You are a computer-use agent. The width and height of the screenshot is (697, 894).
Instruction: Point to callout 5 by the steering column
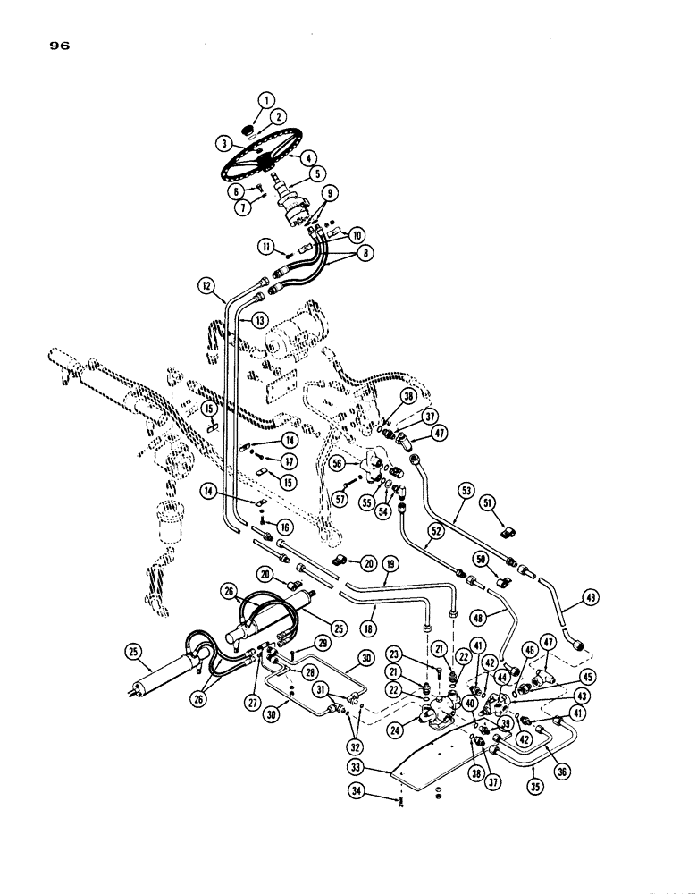coord(293,174)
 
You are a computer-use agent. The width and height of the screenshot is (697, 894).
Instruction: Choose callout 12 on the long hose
coord(206,286)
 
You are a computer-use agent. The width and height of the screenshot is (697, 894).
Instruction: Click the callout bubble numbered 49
coord(587,600)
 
